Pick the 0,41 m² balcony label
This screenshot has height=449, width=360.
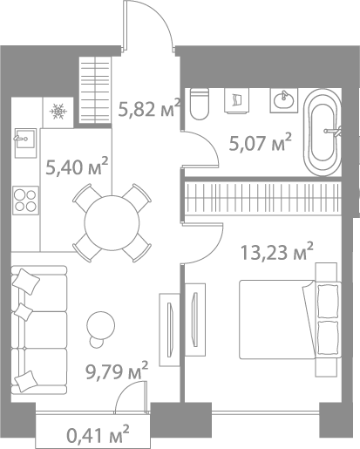click(98, 432)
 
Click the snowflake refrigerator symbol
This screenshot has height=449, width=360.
click(59, 111)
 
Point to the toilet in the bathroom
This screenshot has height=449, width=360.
click(198, 104)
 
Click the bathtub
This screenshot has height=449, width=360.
click(326, 135)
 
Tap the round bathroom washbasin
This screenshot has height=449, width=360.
click(283, 102)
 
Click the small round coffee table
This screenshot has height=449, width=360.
click(101, 324)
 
